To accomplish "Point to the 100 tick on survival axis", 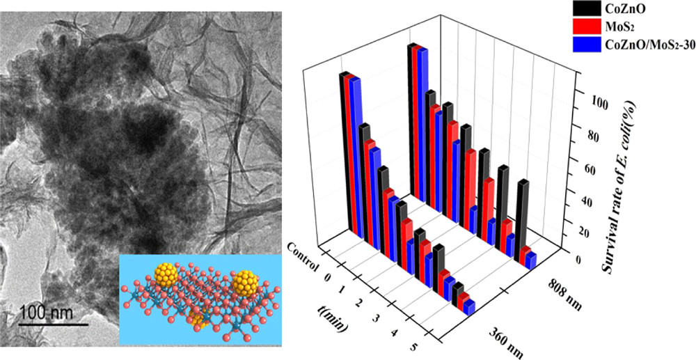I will click(593, 102).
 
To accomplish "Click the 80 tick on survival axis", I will click(591, 136).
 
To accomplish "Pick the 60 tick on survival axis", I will click(591, 169).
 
